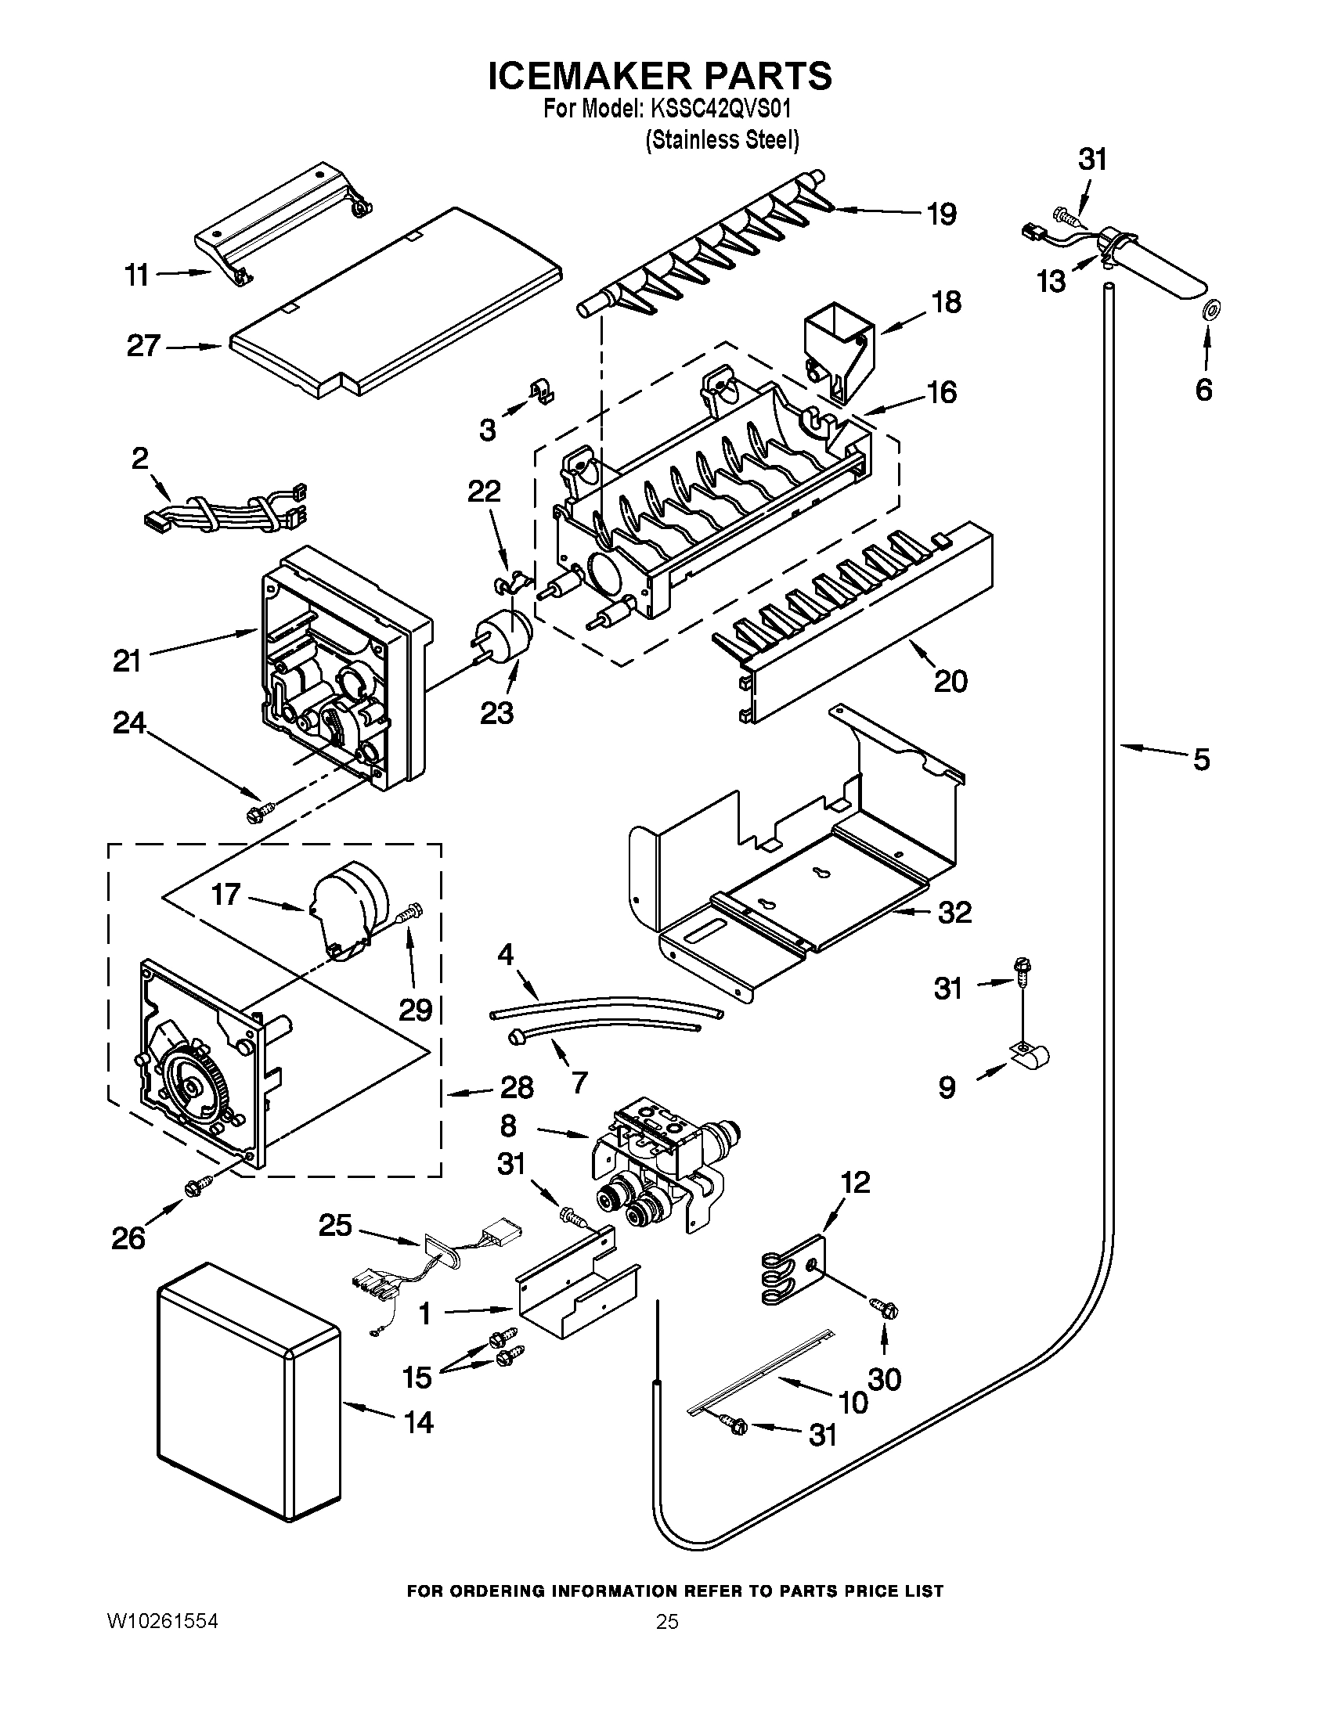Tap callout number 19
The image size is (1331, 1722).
941,214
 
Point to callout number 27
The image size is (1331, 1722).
143,346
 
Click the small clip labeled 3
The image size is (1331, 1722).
541,391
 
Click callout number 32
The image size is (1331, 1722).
954,913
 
